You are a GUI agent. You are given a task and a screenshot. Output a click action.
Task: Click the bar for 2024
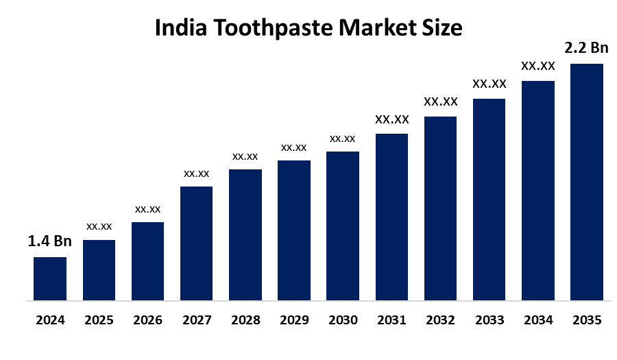click(50, 278)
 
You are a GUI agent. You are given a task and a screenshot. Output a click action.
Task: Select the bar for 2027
click(196, 243)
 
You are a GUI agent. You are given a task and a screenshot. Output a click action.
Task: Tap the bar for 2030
click(343, 226)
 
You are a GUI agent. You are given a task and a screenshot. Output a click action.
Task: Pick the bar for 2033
click(489, 200)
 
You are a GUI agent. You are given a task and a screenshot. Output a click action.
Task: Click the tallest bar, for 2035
click(586, 182)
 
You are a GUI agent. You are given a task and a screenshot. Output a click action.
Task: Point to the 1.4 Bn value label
click(49, 241)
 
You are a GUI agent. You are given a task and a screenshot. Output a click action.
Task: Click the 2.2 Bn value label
click(586, 48)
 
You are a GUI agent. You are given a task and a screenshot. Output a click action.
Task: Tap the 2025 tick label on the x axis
click(99, 320)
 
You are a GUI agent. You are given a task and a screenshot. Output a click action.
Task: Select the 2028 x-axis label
click(245, 320)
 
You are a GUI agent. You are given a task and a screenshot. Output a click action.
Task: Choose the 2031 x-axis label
click(391, 320)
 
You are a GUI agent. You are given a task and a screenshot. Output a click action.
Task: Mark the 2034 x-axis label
click(537, 320)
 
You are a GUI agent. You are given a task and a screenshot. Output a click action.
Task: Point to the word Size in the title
click(439, 29)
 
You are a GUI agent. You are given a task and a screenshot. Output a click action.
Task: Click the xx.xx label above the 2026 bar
click(147, 209)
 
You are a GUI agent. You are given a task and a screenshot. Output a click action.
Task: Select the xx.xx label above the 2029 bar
click(293, 147)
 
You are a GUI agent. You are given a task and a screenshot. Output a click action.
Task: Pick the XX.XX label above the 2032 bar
click(440, 101)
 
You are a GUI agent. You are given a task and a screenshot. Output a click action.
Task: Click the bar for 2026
click(147, 261)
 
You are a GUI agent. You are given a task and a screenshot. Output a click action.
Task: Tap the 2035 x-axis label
click(586, 320)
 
